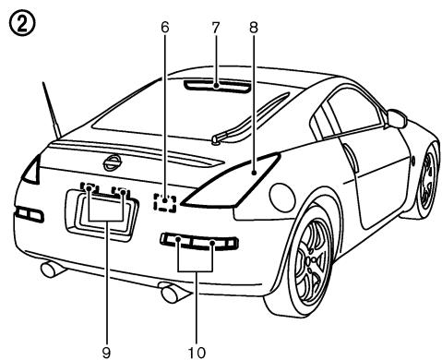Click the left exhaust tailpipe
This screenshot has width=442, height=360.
(51, 270)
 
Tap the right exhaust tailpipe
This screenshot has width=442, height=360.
(172, 294)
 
